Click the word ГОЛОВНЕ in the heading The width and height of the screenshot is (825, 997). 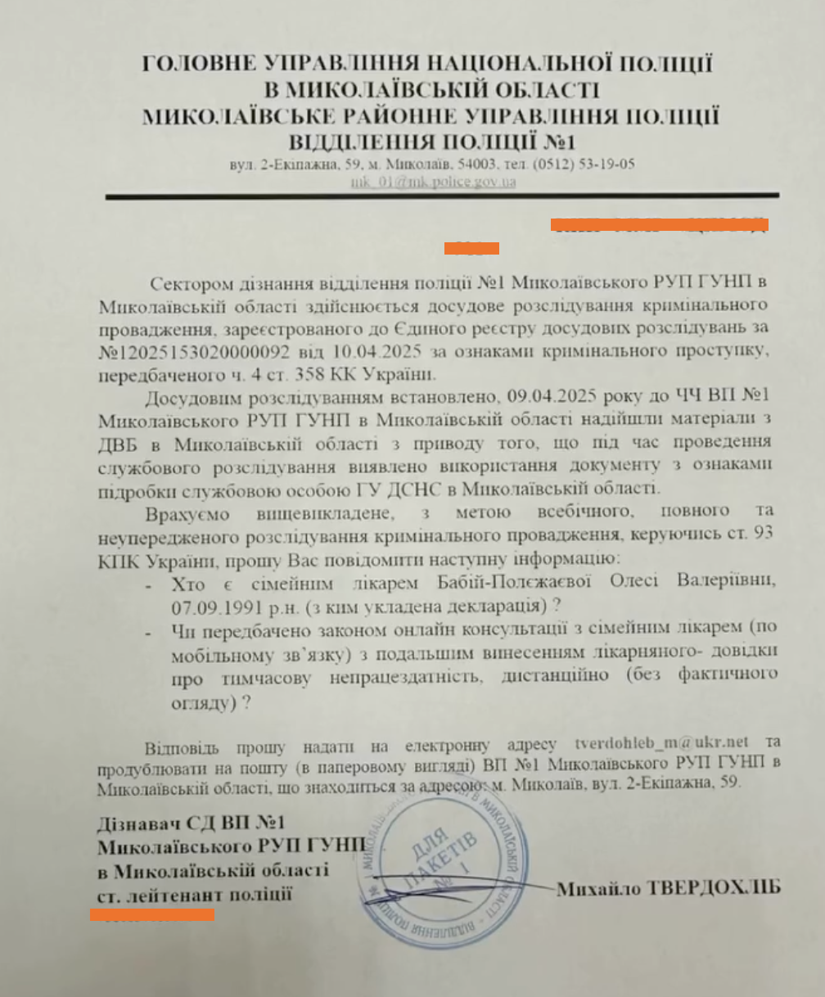pyautogui.click(x=196, y=64)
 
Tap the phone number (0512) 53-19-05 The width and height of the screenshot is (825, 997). pyautogui.click(x=582, y=164)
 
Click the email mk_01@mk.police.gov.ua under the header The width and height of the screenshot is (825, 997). pyautogui.click(x=432, y=181)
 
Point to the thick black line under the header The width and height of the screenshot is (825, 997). pyautogui.click(x=442, y=196)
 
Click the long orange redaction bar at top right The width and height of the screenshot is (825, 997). pyautogui.click(x=659, y=223)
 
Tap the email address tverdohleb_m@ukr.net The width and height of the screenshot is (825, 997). pyautogui.click(x=662, y=743)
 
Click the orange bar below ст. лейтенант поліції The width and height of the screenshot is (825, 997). pyautogui.click(x=151, y=914)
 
